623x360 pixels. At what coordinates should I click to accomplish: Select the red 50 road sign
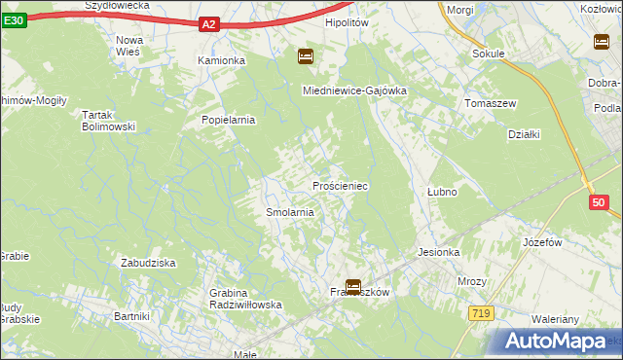(599, 202)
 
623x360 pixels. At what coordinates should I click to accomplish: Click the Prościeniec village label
(340, 185)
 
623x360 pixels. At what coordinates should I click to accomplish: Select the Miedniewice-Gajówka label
(353, 90)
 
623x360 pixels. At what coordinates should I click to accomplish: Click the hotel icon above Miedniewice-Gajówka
(305, 56)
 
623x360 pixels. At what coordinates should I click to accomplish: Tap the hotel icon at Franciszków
(352, 287)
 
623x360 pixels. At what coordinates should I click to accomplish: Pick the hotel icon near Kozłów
(601, 41)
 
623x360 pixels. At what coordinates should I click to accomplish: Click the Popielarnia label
(228, 121)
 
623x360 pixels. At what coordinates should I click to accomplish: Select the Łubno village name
(442, 193)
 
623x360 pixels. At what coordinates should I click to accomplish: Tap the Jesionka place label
(438, 252)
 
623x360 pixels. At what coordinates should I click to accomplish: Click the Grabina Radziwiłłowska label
(245, 299)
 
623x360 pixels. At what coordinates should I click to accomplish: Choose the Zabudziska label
(147, 263)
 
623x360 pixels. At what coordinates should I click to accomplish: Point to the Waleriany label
(556, 319)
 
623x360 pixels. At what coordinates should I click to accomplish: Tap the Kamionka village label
(221, 60)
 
